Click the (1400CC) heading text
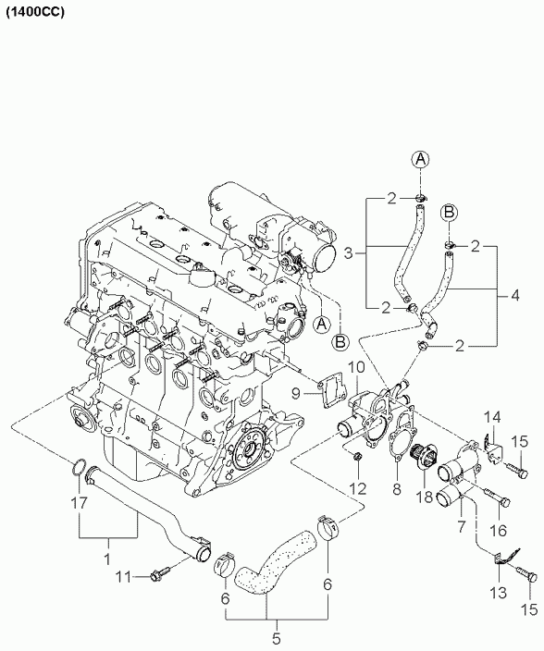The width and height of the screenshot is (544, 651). pyautogui.click(x=35, y=12)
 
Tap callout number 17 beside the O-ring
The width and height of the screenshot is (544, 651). pyautogui.click(x=79, y=503)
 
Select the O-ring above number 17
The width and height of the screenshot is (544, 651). pyautogui.click(x=80, y=466)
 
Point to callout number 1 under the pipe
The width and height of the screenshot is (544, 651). pyautogui.click(x=107, y=559)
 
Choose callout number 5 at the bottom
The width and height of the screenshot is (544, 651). pyautogui.click(x=277, y=638)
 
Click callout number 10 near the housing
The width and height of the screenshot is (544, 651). pyautogui.click(x=357, y=367)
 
